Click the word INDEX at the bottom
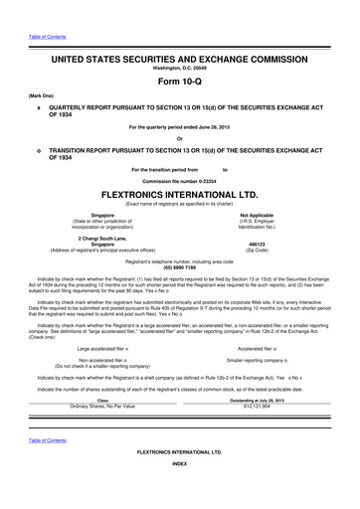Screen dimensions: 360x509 [179, 492]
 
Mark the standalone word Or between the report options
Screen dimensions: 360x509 [179, 138]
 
